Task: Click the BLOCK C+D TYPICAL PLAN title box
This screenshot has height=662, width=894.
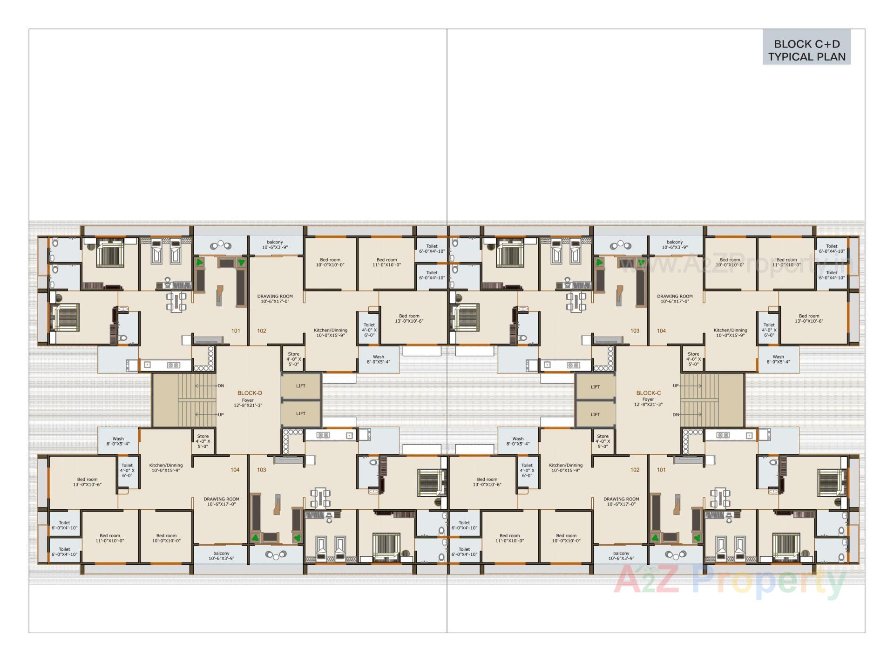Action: tap(806, 50)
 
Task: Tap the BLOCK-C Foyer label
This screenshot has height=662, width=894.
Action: tap(648, 399)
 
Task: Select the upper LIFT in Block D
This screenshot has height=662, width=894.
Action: tap(301, 386)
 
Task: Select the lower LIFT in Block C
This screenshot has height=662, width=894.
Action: tap(595, 414)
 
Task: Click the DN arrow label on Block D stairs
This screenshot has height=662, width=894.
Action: tap(221, 385)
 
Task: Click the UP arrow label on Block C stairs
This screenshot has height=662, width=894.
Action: tap(676, 385)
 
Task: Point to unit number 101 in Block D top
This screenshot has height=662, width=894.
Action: tap(236, 331)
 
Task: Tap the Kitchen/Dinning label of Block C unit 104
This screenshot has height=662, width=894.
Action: tap(730, 332)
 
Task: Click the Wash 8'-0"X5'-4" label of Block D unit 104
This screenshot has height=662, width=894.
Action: tap(118, 441)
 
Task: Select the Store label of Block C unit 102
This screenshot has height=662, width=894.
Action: tap(603, 441)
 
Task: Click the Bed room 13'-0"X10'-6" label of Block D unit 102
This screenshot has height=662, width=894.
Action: tap(409, 318)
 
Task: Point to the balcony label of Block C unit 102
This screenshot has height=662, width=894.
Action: tap(621, 556)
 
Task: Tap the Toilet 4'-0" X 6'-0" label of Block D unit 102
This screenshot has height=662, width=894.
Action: tap(369, 330)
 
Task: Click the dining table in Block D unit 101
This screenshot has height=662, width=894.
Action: tap(176, 302)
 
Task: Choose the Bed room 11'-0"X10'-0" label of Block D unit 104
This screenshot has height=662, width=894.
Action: tap(110, 538)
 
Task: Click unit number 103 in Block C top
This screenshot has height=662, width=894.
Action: tap(635, 331)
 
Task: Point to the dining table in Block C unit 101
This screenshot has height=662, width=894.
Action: tap(720, 498)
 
